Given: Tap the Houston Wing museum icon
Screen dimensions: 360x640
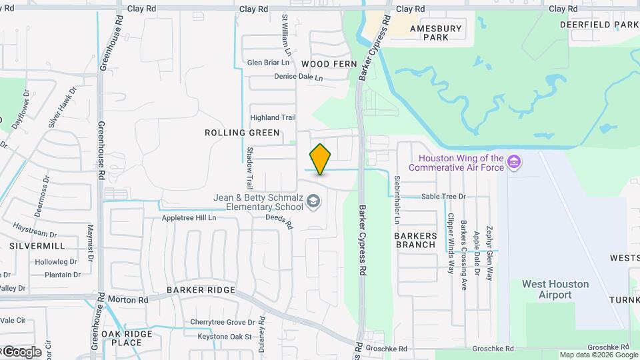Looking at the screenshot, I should pos(514,162).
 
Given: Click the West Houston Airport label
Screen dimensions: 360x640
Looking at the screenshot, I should pos(555,289).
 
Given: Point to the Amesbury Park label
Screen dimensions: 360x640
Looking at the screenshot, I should pos(436,33).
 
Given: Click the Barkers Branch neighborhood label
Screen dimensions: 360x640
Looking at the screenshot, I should pos(415,240).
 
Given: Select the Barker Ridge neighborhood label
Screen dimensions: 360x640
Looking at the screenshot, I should pos(201,290).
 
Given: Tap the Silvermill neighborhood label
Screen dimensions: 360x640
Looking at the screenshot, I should pos(37,246).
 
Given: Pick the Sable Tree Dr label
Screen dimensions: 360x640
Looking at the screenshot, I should pos(443,197).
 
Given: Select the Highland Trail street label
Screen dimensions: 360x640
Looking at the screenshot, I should pos(273,117).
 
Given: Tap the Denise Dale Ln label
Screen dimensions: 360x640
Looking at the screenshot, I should pos(298,77).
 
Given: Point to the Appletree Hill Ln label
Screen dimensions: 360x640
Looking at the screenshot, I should pos(189,218).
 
